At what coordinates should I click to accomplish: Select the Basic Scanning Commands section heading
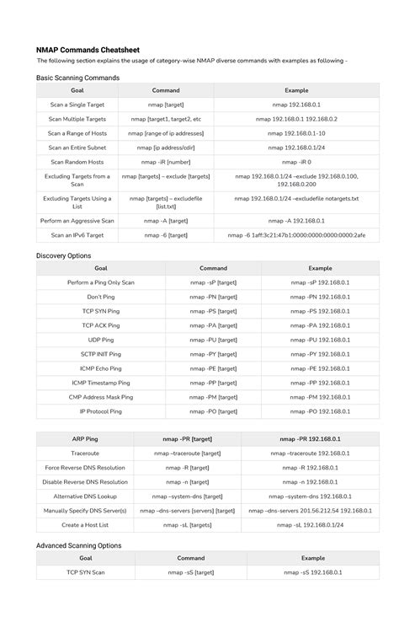pyautogui.click(x=77, y=77)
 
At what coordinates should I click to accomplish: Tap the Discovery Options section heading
pyautogui.click(x=63, y=255)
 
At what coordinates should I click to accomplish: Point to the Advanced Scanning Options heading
pyautogui.click(x=78, y=545)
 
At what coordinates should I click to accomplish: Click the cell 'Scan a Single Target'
pyautogui.click(x=77, y=105)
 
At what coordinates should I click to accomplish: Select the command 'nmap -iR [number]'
pyautogui.click(x=166, y=162)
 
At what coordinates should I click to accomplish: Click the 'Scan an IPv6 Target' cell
pyautogui.click(x=77, y=235)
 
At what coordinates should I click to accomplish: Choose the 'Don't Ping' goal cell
pyautogui.click(x=100, y=297)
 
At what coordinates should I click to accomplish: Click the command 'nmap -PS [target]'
pyautogui.click(x=213, y=311)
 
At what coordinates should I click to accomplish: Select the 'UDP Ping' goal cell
pyautogui.click(x=100, y=340)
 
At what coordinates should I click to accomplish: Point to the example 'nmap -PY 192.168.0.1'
pyautogui.click(x=320, y=354)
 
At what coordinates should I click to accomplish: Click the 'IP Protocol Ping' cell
pyautogui.click(x=100, y=411)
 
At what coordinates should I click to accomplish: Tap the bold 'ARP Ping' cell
pyautogui.click(x=85, y=438)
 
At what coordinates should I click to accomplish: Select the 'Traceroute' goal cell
pyautogui.click(x=85, y=453)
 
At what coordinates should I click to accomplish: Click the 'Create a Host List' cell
pyautogui.click(x=85, y=524)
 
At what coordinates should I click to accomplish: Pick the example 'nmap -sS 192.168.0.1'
pyautogui.click(x=313, y=572)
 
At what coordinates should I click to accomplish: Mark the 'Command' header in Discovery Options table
pyautogui.click(x=213, y=268)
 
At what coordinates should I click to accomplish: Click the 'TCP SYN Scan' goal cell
pyautogui.click(x=86, y=572)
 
